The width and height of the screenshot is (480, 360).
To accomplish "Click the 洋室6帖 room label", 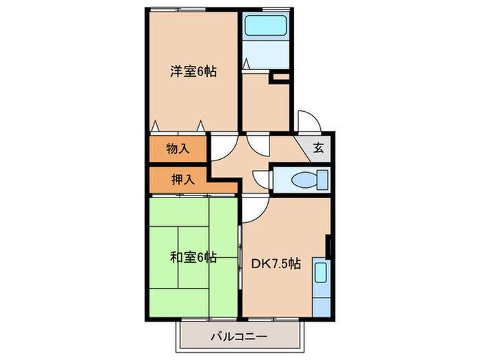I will tap(193, 71).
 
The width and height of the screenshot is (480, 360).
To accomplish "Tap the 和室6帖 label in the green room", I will tap(193, 259).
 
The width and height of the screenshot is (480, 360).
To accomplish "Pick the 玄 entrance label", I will tap(319, 146).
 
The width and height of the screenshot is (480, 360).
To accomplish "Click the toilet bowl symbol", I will tap(302, 180).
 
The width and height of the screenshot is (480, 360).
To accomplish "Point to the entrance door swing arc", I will tap(307, 121).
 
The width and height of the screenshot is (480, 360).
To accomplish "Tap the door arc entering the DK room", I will tap(252, 208).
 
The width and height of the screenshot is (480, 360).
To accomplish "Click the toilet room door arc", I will tap(262, 179).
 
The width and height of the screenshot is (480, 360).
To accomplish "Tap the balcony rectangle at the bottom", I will tap(239, 337).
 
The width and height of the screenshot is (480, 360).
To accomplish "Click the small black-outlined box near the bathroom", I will tap(281, 78).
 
